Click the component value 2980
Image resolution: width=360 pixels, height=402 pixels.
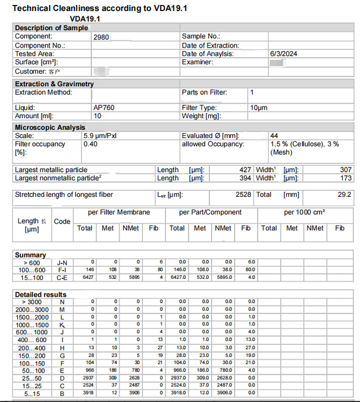pyautogui.click(x=102, y=37)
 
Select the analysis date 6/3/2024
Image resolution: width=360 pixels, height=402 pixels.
pyautogui.click(x=284, y=54)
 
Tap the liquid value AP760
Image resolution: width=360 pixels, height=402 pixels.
pyautogui.click(x=104, y=108)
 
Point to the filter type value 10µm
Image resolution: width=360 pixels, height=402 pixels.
pyautogui.click(x=259, y=108)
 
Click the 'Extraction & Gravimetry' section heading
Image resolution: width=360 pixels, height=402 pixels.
pyautogui.click(x=54, y=84)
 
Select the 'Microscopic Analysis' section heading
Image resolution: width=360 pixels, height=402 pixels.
pyautogui.click(x=50, y=128)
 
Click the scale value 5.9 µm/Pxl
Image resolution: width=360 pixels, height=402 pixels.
pyautogui.click(x=100, y=136)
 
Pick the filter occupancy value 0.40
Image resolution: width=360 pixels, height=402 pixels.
pyautogui.click(x=91, y=144)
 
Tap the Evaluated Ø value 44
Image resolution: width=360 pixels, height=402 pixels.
pyautogui.click(x=274, y=136)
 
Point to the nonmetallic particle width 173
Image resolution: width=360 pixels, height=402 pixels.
pyautogui.click(x=346, y=178)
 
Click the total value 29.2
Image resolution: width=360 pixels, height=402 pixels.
pyautogui.click(x=344, y=195)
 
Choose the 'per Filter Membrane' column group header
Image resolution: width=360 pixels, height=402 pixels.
pyautogui.click(x=119, y=212)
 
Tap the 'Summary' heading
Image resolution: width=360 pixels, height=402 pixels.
pyautogui.click(x=30, y=255)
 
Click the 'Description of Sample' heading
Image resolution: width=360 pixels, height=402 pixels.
pyautogui.click(x=51, y=28)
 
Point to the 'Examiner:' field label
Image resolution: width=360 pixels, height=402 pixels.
pyautogui.click(x=198, y=62)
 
